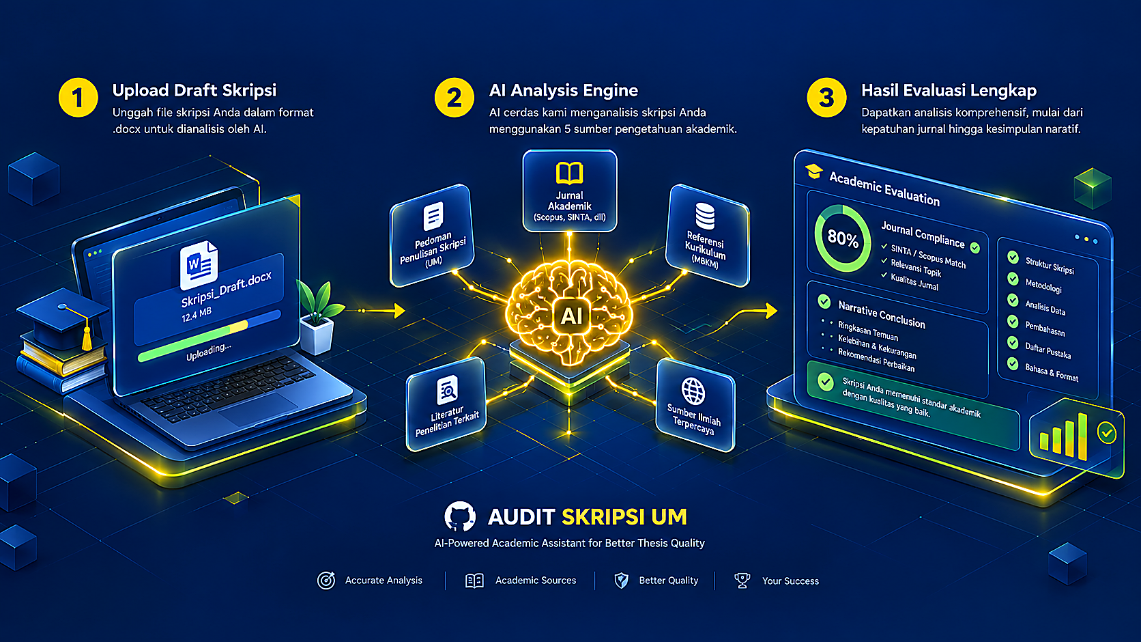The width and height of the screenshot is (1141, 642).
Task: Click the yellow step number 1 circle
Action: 78,98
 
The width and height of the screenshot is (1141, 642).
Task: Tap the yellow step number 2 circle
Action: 454,98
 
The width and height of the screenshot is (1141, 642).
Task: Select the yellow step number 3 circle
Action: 826,98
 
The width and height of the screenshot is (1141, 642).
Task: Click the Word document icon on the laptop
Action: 199,264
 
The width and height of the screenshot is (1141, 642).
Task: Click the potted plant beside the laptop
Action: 319,317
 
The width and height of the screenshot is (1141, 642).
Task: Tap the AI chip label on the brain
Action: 571,316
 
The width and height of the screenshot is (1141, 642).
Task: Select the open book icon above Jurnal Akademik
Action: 570,173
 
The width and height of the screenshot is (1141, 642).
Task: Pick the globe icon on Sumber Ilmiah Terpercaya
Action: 693,391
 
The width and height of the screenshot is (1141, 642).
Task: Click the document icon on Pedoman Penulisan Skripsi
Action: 433,217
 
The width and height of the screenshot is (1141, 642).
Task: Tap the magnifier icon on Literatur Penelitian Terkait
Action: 447,390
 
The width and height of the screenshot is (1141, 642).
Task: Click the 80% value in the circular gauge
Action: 843,238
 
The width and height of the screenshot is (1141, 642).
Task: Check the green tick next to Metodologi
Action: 1013,279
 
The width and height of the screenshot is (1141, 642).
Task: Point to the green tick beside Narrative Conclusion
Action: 824,301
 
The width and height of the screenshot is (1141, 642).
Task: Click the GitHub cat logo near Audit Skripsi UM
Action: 460,516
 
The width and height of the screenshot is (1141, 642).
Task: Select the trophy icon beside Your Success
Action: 742,581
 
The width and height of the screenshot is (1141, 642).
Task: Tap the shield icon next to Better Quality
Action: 622,581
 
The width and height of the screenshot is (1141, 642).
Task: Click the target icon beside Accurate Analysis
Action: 326,581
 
